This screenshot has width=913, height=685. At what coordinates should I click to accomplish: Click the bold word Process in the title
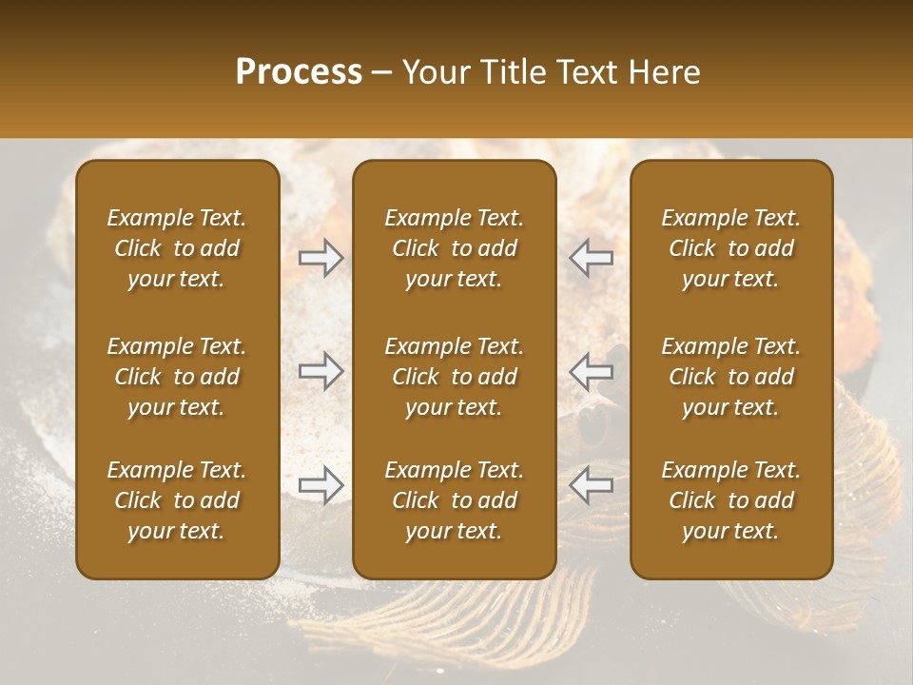(x=299, y=72)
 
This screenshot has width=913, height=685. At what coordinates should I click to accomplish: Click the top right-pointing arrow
(x=321, y=258)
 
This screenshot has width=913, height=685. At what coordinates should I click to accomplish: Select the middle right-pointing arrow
(x=321, y=371)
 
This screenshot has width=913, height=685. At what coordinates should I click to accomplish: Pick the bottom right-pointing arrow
(x=321, y=484)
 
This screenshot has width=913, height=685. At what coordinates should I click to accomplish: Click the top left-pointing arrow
(x=592, y=258)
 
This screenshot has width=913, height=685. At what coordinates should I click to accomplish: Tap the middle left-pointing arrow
(x=592, y=371)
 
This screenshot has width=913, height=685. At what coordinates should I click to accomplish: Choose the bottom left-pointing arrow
(x=592, y=484)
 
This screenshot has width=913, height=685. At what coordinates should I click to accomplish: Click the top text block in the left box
(x=177, y=248)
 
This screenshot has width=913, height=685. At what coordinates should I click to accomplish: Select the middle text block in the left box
(x=177, y=377)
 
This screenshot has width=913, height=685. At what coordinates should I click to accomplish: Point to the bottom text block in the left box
(x=177, y=500)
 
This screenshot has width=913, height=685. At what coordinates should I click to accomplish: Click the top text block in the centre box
(x=454, y=248)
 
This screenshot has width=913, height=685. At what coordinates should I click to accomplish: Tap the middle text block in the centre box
(x=454, y=377)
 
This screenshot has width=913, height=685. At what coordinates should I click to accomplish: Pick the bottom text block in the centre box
(x=454, y=500)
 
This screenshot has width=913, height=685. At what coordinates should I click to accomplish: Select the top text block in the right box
(x=731, y=248)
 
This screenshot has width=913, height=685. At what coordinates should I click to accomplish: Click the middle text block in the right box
(x=731, y=377)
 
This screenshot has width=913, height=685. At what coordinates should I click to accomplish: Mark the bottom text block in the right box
(x=731, y=500)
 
